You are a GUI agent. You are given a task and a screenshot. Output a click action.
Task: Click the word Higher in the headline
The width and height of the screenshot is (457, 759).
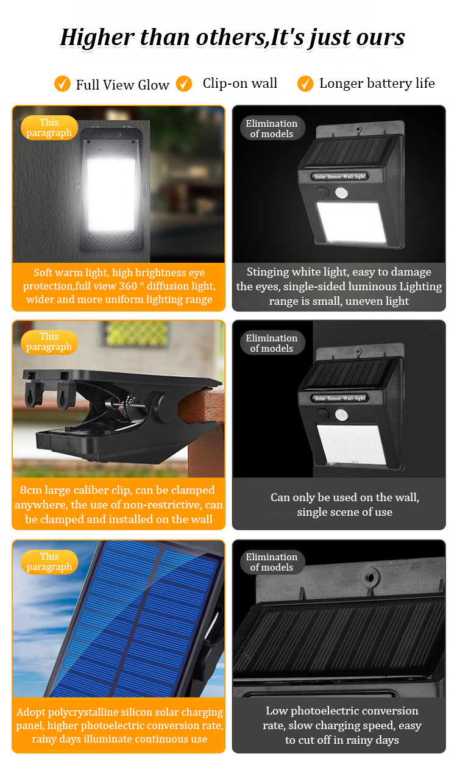pyautogui.click(x=97, y=37)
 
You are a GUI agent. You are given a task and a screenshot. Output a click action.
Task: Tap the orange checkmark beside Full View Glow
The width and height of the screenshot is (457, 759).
pyautogui.click(x=62, y=84)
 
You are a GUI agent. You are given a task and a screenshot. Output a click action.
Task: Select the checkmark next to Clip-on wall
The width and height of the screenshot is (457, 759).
pyautogui.click(x=184, y=84)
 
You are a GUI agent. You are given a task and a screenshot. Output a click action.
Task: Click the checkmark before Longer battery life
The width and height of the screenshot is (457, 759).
pyautogui.click(x=305, y=84)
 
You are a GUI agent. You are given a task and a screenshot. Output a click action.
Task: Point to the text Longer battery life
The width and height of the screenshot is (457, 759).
pyautogui.click(x=377, y=84)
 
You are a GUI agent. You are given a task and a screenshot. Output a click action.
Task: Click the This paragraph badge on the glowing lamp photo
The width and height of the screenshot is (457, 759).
pyautogui.click(x=49, y=128)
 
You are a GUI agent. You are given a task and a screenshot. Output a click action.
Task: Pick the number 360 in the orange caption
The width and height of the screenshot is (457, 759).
pyautogui.click(x=128, y=286)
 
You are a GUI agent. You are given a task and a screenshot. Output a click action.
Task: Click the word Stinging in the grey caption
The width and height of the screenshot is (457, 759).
pyautogui.click(x=267, y=272)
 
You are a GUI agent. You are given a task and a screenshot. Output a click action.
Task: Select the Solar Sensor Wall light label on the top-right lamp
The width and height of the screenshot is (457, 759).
pyautogui.click(x=340, y=176)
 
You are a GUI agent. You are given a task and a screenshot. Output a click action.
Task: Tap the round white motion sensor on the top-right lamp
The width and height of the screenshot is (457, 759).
pyautogui.click(x=341, y=193)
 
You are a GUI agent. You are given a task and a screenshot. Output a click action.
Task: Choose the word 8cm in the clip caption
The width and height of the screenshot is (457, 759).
pyautogui.click(x=31, y=490)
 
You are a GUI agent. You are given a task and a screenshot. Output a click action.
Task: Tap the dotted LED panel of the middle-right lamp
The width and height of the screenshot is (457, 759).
pyautogui.click(x=350, y=444)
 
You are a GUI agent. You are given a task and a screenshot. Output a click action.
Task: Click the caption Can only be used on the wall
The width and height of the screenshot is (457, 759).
pyautogui.click(x=345, y=497)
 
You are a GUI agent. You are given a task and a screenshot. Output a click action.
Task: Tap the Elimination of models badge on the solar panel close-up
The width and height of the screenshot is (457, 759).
pyautogui.click(x=272, y=562)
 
